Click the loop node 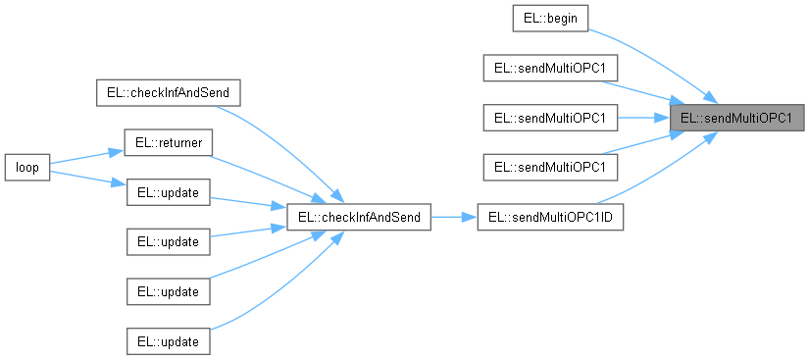[26, 168]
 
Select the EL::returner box [168, 142]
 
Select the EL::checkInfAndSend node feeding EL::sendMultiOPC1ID [358, 218]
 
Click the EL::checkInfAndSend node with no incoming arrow [168, 92]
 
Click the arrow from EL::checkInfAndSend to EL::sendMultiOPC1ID [452, 218]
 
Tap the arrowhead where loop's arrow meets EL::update [120, 183]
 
